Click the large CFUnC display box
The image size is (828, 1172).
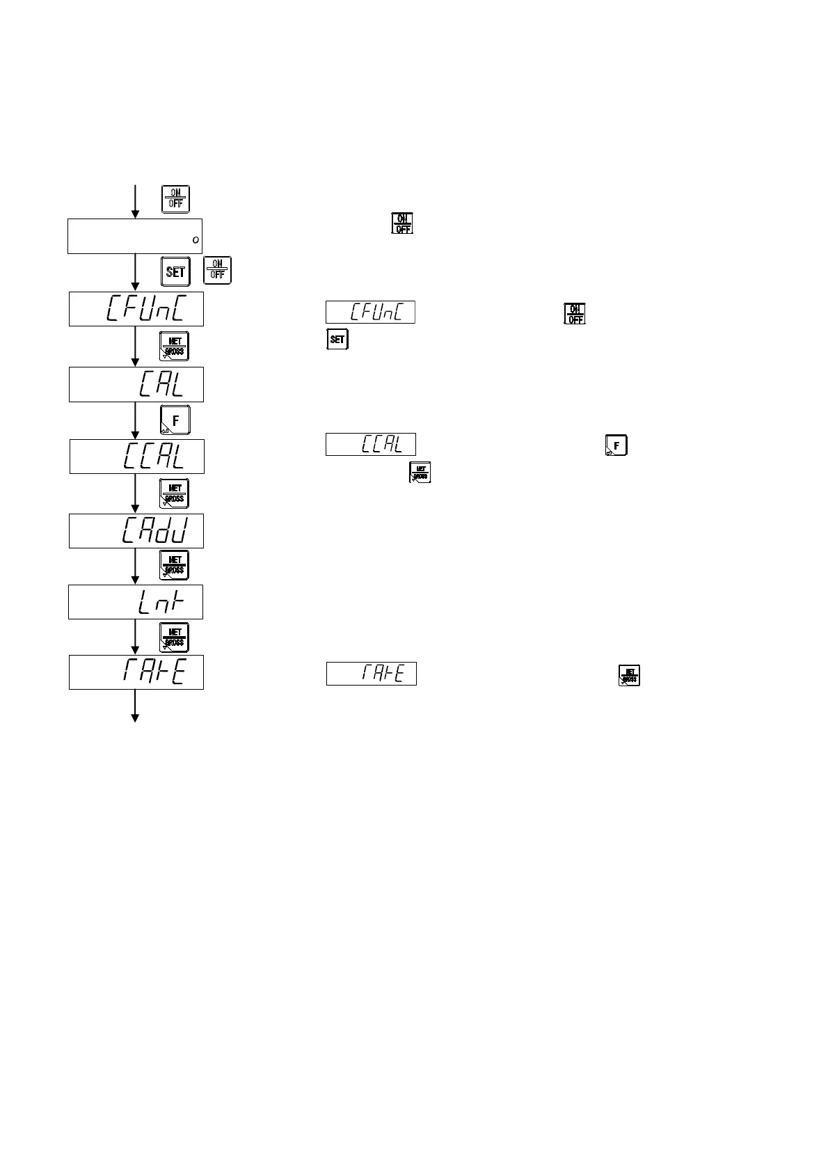click(136, 309)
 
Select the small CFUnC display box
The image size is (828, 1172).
click(370, 312)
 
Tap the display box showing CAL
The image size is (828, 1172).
click(136, 384)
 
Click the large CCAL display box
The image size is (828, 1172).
click(136, 457)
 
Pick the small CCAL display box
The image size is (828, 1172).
click(370, 444)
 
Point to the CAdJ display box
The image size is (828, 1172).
click(136, 531)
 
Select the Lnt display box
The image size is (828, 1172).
click(135, 602)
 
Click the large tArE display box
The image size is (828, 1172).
click(136, 672)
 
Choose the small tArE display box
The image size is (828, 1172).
click(372, 674)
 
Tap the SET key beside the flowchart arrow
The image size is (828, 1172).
click(175, 271)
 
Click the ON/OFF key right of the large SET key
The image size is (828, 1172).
click(218, 270)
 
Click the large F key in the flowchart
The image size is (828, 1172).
click(175, 420)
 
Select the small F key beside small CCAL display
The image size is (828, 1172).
click(616, 445)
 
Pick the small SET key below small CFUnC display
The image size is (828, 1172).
click(337, 340)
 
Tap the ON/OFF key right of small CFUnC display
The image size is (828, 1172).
click(575, 314)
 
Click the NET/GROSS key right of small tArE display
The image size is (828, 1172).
click(629, 675)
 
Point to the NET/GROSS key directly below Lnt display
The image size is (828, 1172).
click(174, 637)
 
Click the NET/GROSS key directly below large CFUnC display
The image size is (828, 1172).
click(174, 346)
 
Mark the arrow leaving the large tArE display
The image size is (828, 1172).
click(135, 706)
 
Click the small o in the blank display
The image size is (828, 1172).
click(196, 240)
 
